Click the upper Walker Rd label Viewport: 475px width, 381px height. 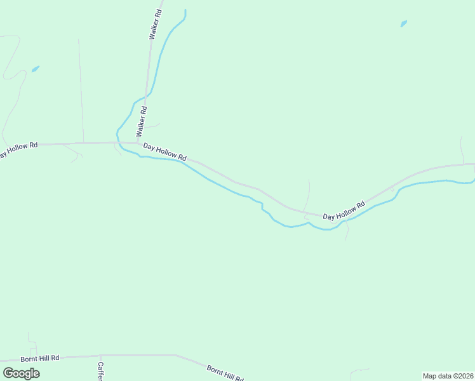pyautogui.click(x=155, y=25)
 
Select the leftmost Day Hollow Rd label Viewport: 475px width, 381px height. pyautogui.click(x=17, y=150)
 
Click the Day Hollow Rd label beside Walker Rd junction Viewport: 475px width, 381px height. pyautogui.click(x=164, y=151)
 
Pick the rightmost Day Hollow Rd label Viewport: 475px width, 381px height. pyautogui.click(x=344, y=211)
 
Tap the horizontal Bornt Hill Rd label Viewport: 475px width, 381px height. pyautogui.click(x=39, y=359)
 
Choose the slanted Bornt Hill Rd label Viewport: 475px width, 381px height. pyautogui.click(x=225, y=373)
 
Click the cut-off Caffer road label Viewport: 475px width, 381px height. pyautogui.click(x=100, y=371)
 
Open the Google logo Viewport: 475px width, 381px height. pyautogui.click(x=22, y=373)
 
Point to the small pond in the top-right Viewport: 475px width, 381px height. pyautogui.click(x=403, y=24)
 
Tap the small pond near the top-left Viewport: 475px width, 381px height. pyautogui.click(x=35, y=69)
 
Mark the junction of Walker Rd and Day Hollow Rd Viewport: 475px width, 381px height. pyautogui.click(x=137, y=143)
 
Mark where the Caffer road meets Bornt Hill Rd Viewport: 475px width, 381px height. pyautogui.click(x=100, y=356)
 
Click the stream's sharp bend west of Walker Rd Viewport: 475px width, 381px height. pyautogui.click(x=117, y=132)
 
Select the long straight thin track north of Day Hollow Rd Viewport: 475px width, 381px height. pyautogui.click(x=81, y=89)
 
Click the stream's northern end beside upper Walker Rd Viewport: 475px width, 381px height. pyautogui.click(x=185, y=11)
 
